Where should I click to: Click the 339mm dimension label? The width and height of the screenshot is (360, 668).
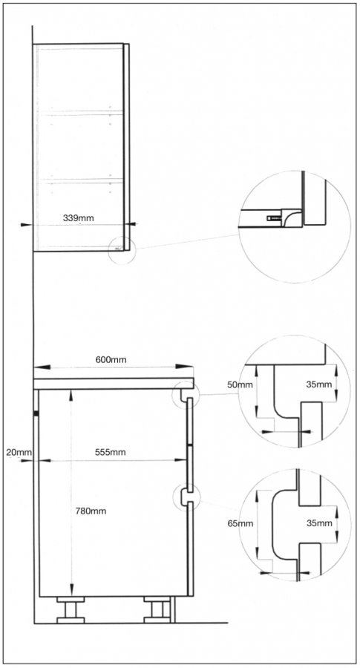tap(79, 217)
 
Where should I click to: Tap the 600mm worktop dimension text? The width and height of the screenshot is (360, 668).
tap(111, 359)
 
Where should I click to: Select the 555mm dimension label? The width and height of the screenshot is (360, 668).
tap(110, 452)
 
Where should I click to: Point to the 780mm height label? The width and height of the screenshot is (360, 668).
tap(91, 511)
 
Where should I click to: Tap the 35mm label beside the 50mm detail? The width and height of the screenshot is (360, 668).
tap(319, 384)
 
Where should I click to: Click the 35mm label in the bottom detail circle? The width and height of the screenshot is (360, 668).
tap(319, 523)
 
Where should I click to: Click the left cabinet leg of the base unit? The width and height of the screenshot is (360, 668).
tap(71, 609)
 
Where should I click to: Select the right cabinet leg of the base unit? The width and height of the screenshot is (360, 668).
tap(157, 609)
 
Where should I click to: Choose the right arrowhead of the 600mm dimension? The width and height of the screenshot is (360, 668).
tap(185, 367)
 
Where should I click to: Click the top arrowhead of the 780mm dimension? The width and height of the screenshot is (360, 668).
tap(71, 396)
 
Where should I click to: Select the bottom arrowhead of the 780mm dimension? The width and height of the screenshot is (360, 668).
tap(71, 589)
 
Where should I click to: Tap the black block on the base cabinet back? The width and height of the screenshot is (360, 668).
tap(37, 413)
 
